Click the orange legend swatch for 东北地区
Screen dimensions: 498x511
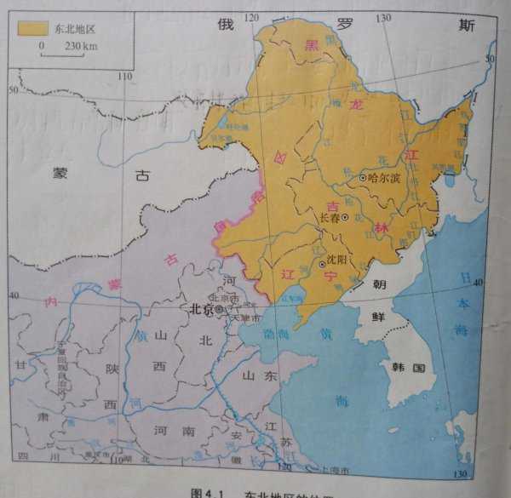[x=32, y=27]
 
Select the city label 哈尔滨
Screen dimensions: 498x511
[x=383, y=179]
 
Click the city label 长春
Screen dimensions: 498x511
[x=328, y=218]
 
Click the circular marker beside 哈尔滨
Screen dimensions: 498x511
[x=362, y=178]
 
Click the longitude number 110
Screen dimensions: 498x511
[x=125, y=77]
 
